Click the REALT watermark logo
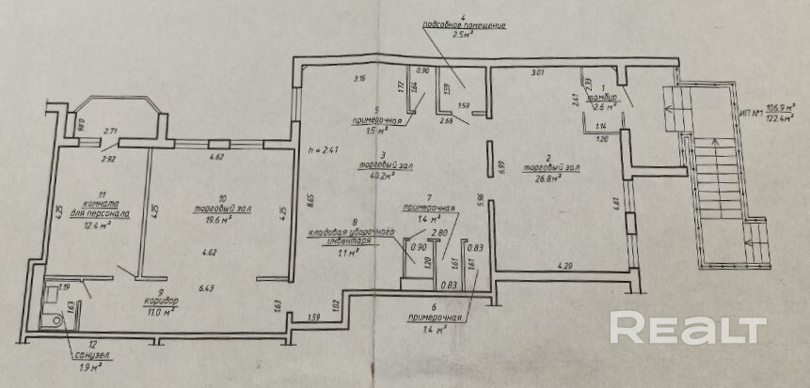point(688,328)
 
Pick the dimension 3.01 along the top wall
point(538,72)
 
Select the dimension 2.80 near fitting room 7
point(438,231)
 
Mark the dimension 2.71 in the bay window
point(111,132)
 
